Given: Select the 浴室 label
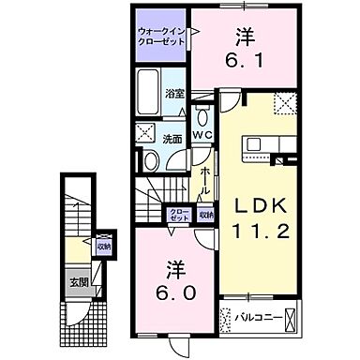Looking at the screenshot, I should pos(173,94).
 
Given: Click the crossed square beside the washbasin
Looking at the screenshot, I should pos(146,132).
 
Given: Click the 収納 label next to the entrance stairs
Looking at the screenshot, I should pos(103,247).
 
